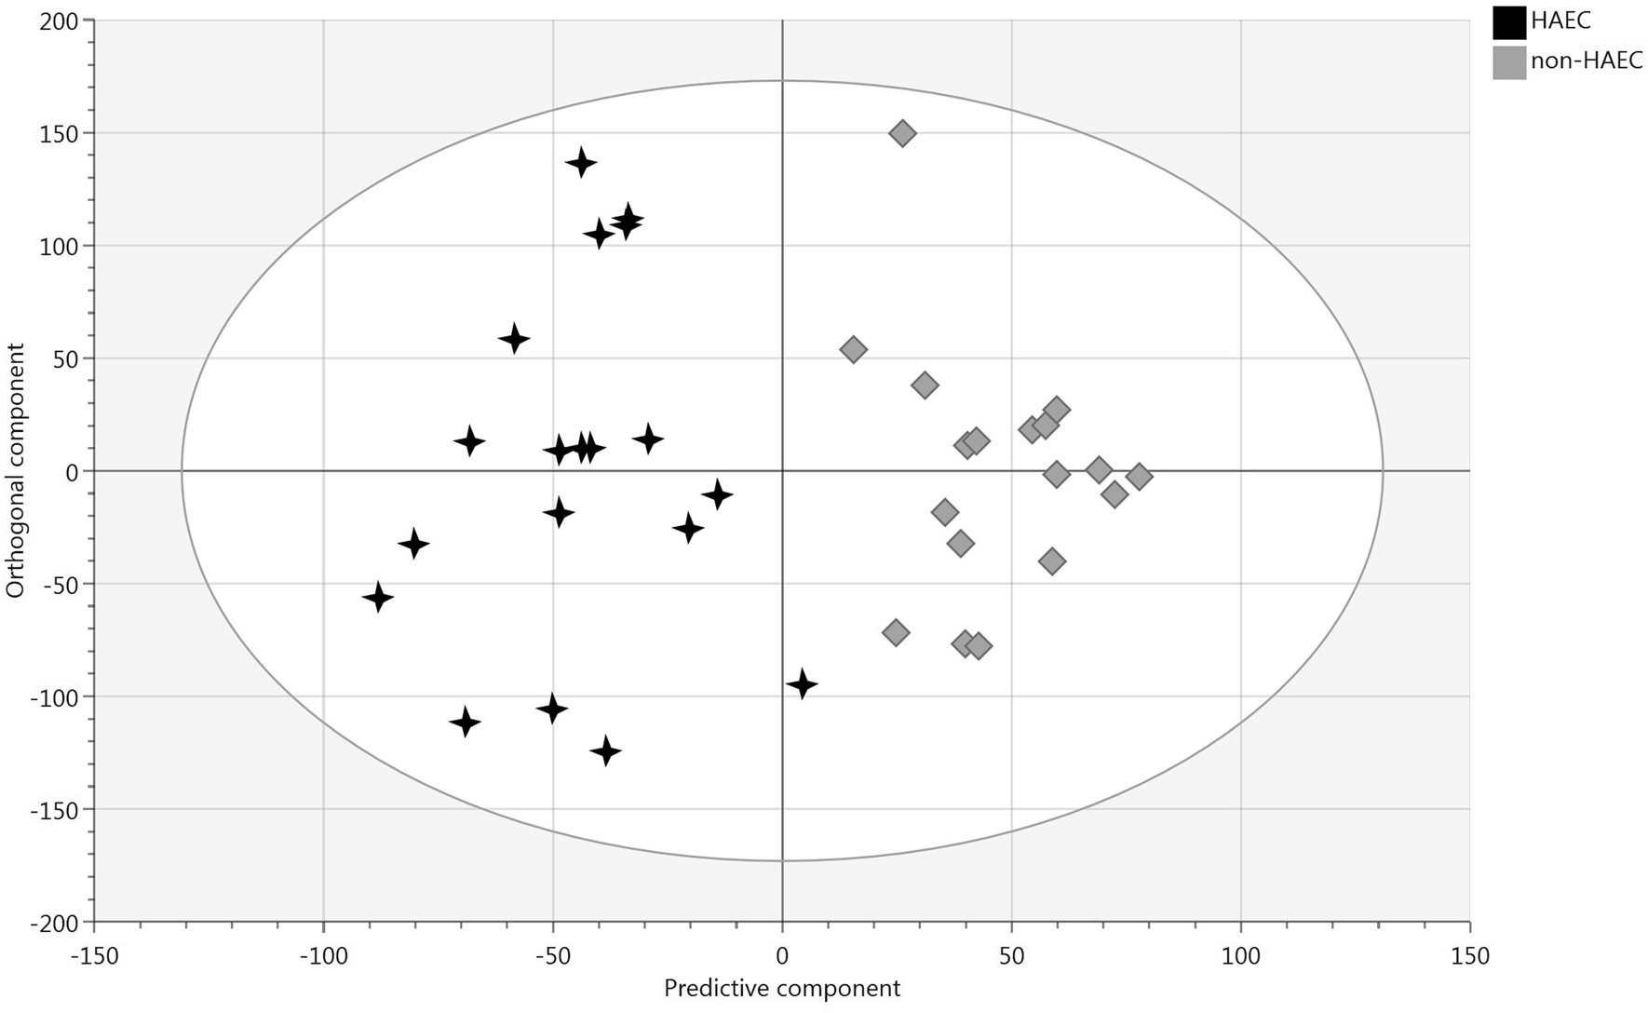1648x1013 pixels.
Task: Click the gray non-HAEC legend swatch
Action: pos(1508,62)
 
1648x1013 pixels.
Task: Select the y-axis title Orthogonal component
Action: pos(16,470)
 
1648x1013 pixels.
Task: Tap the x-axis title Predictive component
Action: pos(781,989)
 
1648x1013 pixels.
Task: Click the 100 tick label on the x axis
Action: pos(1240,956)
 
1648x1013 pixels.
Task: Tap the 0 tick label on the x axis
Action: pos(782,956)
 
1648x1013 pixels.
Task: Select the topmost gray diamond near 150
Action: pos(902,133)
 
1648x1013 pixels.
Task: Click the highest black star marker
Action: pos(581,163)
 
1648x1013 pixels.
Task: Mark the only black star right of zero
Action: pos(802,684)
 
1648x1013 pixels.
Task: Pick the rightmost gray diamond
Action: pos(1139,477)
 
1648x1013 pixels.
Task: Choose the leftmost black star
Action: pos(377,597)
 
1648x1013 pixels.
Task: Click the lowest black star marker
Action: pos(606,750)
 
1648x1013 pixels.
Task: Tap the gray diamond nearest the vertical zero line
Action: pos(853,349)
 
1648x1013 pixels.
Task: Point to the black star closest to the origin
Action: pos(716,494)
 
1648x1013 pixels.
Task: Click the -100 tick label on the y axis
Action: pos(57,696)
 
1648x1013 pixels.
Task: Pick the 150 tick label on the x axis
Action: pos(1469,956)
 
